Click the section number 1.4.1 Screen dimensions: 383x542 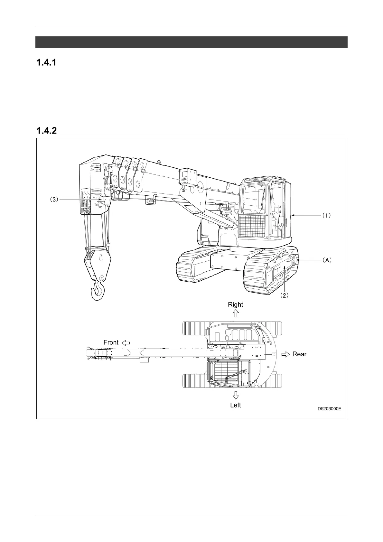(46, 63)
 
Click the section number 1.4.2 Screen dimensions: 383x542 (46, 131)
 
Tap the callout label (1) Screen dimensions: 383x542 (327, 216)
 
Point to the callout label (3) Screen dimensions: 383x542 (53, 200)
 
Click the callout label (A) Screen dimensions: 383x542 (327, 260)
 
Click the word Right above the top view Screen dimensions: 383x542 (235, 304)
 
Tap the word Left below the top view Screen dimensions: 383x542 (235, 405)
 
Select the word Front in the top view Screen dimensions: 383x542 (111, 342)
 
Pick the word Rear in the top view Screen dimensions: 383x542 (299, 354)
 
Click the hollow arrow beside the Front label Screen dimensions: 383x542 (126, 343)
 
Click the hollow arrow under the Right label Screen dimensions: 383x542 (236, 313)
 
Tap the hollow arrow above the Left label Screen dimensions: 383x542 (236, 395)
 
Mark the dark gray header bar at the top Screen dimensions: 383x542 (191, 42)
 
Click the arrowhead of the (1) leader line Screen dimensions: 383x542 (292, 215)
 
